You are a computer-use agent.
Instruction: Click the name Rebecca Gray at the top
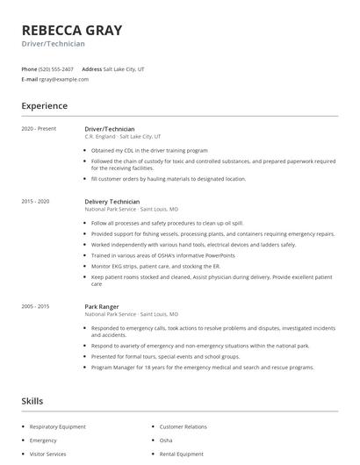[72, 29]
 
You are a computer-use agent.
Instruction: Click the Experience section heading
[45, 106]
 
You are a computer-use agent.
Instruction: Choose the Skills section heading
[32, 401]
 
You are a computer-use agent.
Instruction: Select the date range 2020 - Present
[39, 129]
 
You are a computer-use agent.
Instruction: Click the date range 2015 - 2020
[36, 201]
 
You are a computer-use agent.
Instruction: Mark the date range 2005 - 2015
[36, 306]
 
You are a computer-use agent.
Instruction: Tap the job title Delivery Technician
[112, 201]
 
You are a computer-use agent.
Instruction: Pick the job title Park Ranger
[102, 306]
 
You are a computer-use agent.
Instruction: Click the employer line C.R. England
[122, 137]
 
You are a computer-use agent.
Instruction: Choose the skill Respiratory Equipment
[58, 426]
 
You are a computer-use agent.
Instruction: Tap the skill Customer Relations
[182, 426]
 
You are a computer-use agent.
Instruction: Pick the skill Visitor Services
[48, 454]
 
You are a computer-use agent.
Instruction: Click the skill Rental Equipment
[181, 454]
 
